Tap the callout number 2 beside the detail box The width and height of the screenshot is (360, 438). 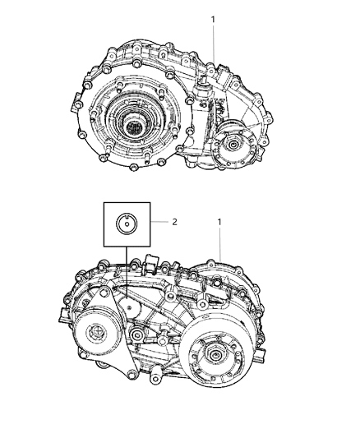click(174, 221)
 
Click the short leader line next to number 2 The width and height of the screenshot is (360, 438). click(159, 221)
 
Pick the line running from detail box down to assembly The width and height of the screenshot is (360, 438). click(128, 271)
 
